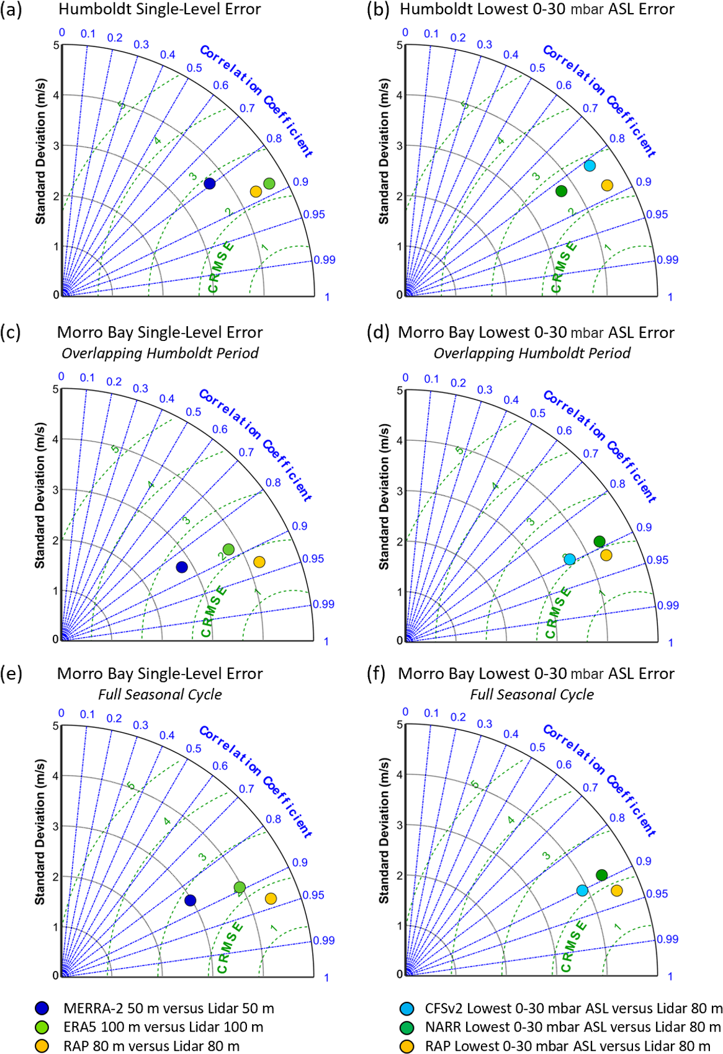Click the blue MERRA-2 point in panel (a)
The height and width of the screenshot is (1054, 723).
click(x=210, y=184)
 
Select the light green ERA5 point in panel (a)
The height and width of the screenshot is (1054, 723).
click(x=269, y=184)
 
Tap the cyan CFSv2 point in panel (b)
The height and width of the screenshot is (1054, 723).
click(x=590, y=166)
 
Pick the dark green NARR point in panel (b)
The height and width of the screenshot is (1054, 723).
click(x=561, y=191)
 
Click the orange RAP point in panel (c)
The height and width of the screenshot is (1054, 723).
click(x=259, y=562)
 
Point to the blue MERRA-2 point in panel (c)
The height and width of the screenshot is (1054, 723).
click(x=182, y=567)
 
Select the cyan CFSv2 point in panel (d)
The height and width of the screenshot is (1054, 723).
click(x=570, y=559)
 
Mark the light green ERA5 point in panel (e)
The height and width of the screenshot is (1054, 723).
click(x=240, y=887)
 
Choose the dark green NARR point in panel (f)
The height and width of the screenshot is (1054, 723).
click(x=601, y=875)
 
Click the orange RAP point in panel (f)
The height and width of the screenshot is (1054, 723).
click(x=616, y=890)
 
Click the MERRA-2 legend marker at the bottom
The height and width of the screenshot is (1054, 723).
click(x=42, y=1009)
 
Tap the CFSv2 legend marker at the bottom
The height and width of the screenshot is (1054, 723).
click(x=407, y=1009)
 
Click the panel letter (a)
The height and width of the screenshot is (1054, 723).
click(x=11, y=10)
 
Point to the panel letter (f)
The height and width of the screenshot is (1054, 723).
click(x=376, y=674)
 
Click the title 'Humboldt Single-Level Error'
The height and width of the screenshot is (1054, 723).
click(x=159, y=9)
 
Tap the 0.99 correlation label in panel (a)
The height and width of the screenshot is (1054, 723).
click(x=324, y=260)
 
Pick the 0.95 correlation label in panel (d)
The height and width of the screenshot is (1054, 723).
click(x=657, y=560)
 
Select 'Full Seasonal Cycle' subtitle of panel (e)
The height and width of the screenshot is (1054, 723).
click(x=159, y=694)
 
